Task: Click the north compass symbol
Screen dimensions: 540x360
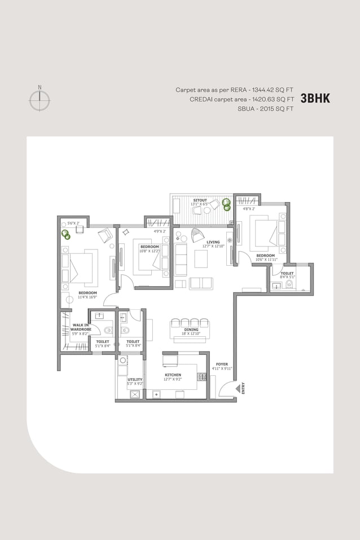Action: tap(39, 99)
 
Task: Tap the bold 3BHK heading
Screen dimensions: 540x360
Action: tap(315, 98)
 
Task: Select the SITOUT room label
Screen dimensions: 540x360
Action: tap(200, 200)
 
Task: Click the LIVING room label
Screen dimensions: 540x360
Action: tap(213, 242)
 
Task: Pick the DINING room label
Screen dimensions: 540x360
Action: tap(191, 330)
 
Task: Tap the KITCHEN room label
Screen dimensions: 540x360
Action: tap(173, 375)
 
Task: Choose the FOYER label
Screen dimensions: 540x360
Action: tap(222, 364)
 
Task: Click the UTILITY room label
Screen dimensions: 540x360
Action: tap(135, 379)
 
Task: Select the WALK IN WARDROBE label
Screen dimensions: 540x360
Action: tap(81, 327)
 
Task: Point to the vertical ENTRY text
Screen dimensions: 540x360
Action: tap(243, 388)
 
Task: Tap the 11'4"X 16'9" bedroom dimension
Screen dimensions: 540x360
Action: tap(87, 297)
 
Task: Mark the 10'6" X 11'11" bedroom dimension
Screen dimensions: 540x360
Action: tap(266, 260)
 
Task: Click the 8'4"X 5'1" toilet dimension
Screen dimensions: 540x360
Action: tap(287, 277)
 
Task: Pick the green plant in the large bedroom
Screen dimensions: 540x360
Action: tap(65, 233)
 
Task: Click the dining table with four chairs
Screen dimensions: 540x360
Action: tap(190, 326)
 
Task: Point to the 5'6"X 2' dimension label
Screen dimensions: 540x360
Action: tap(74, 223)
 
